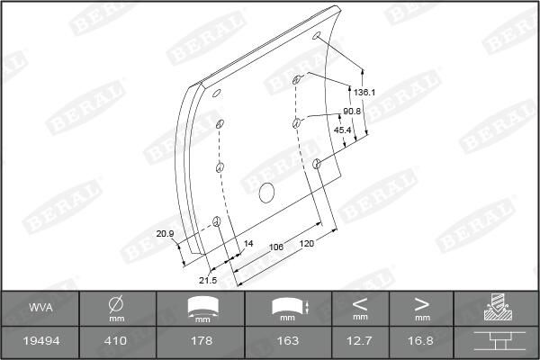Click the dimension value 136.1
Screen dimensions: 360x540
click(x=364, y=92)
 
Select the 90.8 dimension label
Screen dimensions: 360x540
click(x=352, y=111)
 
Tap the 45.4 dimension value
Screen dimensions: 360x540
click(x=342, y=130)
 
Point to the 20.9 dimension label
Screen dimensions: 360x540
click(x=165, y=234)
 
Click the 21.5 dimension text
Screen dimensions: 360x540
click(x=208, y=280)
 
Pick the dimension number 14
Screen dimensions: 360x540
click(x=249, y=244)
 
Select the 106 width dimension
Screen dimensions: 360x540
click(x=276, y=246)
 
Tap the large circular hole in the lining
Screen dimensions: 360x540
click(x=266, y=192)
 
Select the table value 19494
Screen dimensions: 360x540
click(x=40, y=340)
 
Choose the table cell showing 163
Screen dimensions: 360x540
click(x=289, y=340)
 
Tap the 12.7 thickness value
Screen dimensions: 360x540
click(x=360, y=340)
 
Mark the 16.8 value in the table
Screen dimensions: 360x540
click(x=421, y=340)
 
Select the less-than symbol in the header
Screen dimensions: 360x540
click(x=360, y=303)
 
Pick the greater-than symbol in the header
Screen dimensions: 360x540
click(x=421, y=303)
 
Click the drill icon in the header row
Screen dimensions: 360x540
click(x=496, y=308)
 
